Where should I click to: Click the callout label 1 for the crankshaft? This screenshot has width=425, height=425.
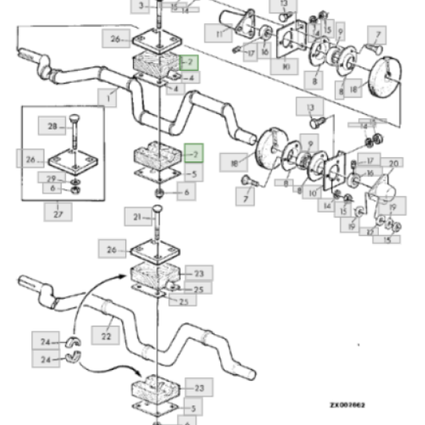(108, 98)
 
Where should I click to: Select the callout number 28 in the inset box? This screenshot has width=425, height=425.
(52, 127)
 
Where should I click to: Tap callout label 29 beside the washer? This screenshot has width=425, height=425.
(52, 178)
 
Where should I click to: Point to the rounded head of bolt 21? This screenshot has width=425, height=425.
(157, 210)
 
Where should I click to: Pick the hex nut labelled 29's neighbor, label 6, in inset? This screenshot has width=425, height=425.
(52, 189)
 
